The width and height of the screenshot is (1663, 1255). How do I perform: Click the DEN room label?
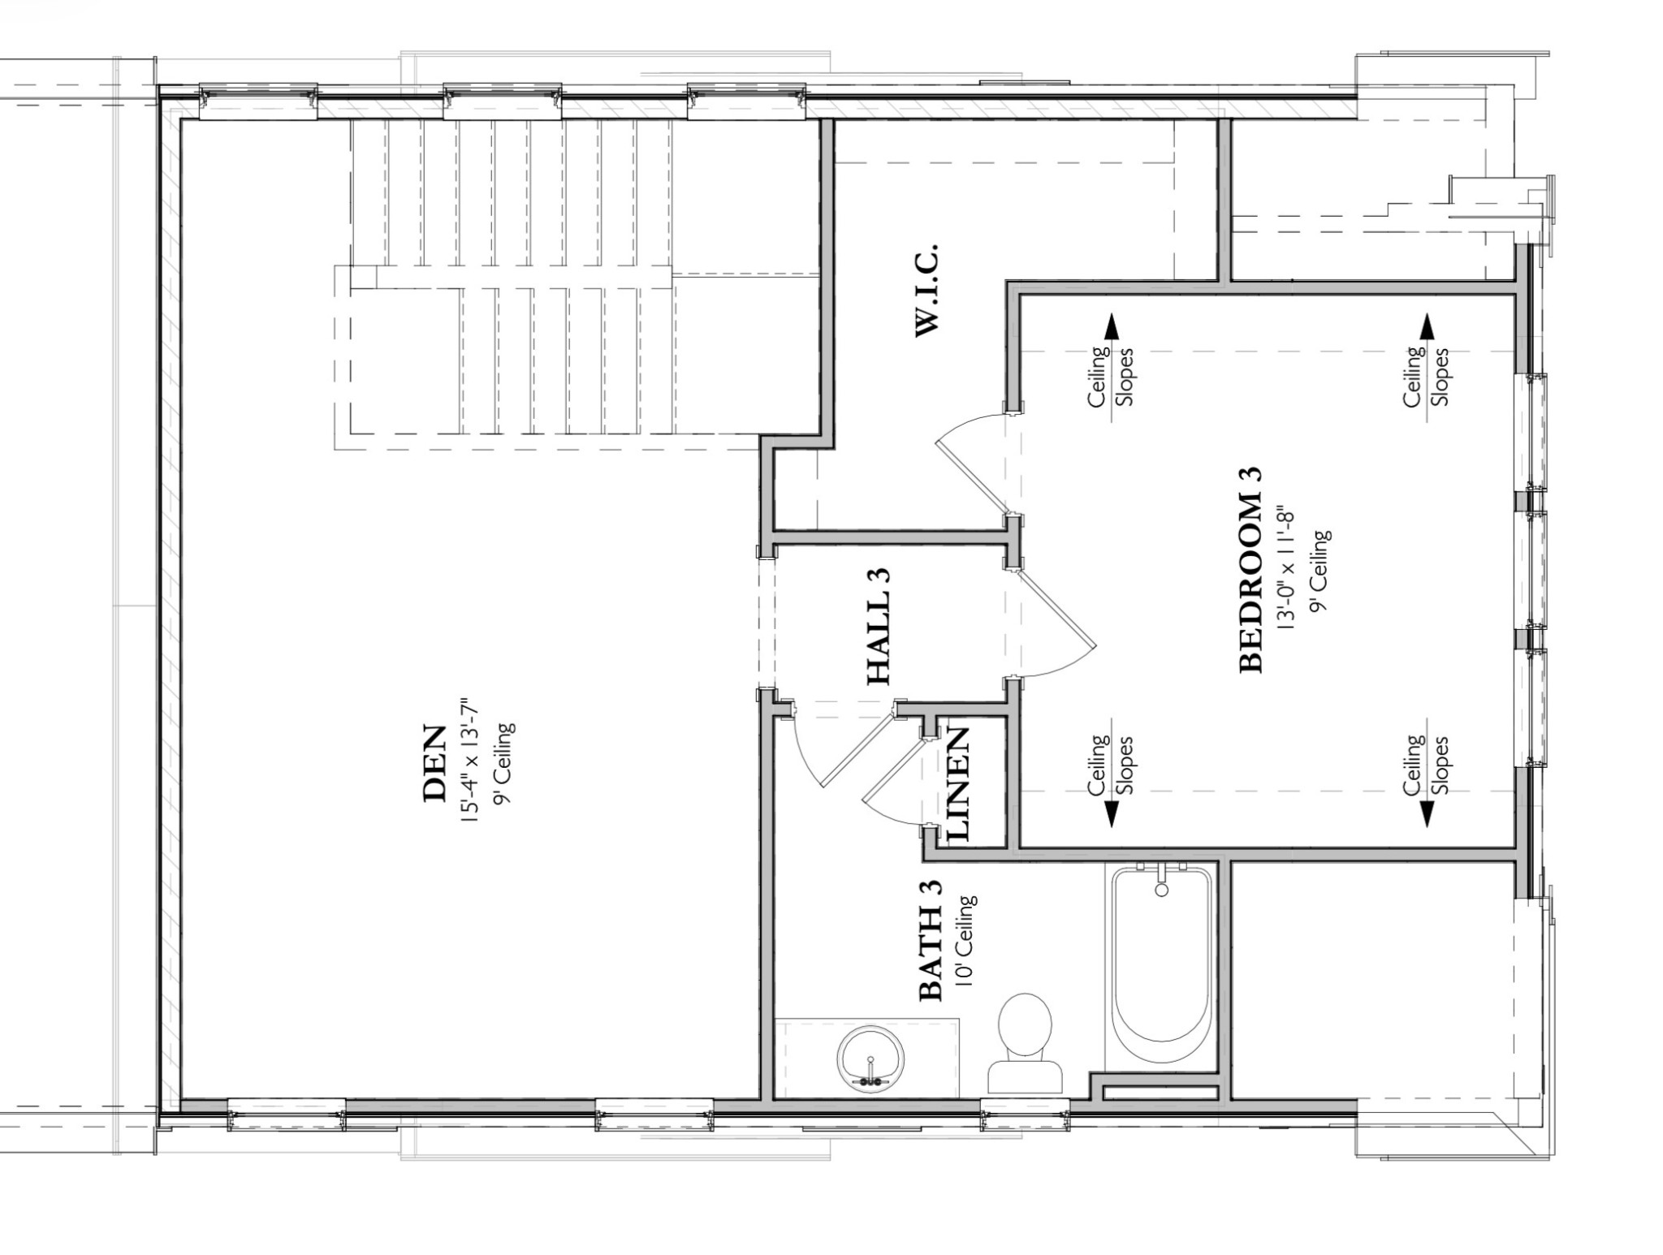coord(435,763)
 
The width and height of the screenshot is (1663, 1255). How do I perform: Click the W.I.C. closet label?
coord(927,289)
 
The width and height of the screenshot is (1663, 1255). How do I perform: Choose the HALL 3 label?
coord(879,627)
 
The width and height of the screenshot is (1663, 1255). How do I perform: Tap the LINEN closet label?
coord(958,783)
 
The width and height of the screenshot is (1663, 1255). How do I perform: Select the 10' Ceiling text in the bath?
coord(966,940)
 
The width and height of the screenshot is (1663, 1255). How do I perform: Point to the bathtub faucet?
coord(1161,882)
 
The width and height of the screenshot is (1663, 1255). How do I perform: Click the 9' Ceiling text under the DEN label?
coord(505,763)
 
